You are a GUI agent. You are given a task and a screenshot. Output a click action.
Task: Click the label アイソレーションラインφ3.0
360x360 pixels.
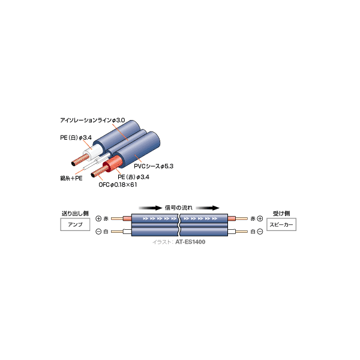92,121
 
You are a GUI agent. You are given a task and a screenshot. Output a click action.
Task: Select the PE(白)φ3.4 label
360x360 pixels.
76,137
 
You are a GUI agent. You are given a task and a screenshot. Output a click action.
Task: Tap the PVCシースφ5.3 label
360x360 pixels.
154,166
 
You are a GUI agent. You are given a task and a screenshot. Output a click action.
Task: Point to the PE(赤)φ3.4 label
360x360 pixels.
133,177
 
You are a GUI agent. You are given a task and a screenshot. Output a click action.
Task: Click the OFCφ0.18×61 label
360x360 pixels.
118,185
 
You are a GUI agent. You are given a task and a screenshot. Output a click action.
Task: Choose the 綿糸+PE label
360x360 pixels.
71,178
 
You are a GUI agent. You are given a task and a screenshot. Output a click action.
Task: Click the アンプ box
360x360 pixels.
75,224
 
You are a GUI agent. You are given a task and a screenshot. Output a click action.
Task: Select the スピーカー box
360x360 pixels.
281,224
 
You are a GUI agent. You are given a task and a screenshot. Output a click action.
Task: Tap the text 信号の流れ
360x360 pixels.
179,208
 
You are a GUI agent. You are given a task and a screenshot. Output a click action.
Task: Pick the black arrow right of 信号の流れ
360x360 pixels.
208,208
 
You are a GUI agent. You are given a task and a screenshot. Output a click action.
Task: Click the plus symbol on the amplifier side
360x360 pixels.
98,218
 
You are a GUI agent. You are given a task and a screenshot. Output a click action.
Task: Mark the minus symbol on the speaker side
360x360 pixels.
260,232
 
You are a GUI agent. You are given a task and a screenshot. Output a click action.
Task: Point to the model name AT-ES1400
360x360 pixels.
190,242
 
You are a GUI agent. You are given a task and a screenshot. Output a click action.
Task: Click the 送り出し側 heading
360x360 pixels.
75,214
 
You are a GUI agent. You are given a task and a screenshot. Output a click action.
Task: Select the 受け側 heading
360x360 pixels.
281,214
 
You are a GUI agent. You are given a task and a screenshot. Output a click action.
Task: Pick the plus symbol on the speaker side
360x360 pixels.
260,218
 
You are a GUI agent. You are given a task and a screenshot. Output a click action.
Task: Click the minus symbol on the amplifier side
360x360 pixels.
98,232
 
